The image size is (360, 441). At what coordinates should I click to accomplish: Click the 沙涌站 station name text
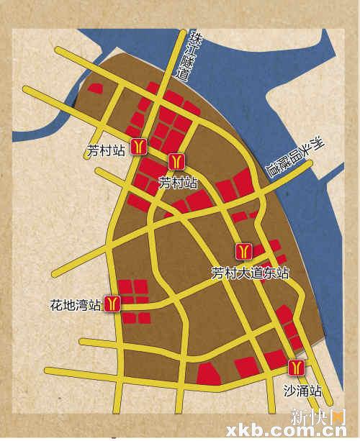[x=300, y=392]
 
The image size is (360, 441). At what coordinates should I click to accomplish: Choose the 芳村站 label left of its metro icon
[x=106, y=151]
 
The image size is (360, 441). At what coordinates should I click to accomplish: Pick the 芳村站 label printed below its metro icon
[x=178, y=183]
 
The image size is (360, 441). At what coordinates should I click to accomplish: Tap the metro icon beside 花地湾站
[x=112, y=304]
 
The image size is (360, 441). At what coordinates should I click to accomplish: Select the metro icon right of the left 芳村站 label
[x=139, y=145]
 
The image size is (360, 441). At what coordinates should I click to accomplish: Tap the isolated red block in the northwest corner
[x=95, y=89]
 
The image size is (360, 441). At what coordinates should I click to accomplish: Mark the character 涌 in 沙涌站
[x=301, y=392]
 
